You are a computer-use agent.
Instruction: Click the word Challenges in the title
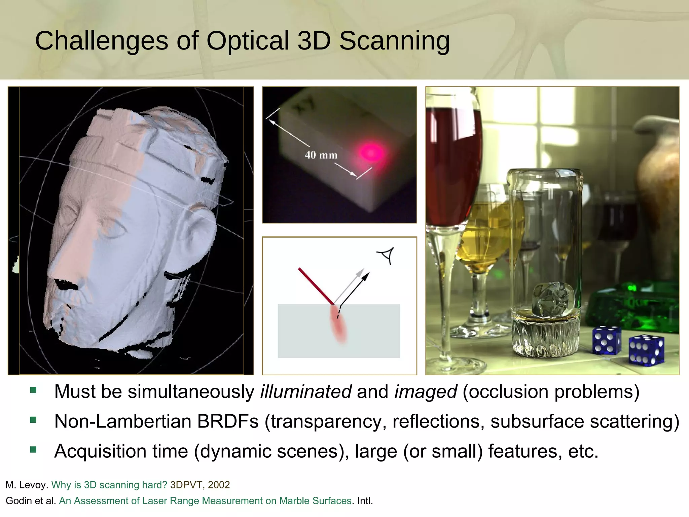[x=101, y=41]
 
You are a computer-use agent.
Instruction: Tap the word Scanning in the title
[x=394, y=41]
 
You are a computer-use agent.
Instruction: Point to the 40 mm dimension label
[x=321, y=155]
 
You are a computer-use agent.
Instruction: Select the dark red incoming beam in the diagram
[x=316, y=286]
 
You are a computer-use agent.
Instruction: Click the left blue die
[x=607, y=340]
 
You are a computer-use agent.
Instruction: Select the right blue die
[x=646, y=350]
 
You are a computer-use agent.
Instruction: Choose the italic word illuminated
[x=306, y=391]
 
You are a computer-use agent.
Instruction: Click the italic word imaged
[x=425, y=391]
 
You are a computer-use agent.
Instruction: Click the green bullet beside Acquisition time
[x=33, y=450]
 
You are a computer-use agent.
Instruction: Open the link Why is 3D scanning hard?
[x=109, y=485]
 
